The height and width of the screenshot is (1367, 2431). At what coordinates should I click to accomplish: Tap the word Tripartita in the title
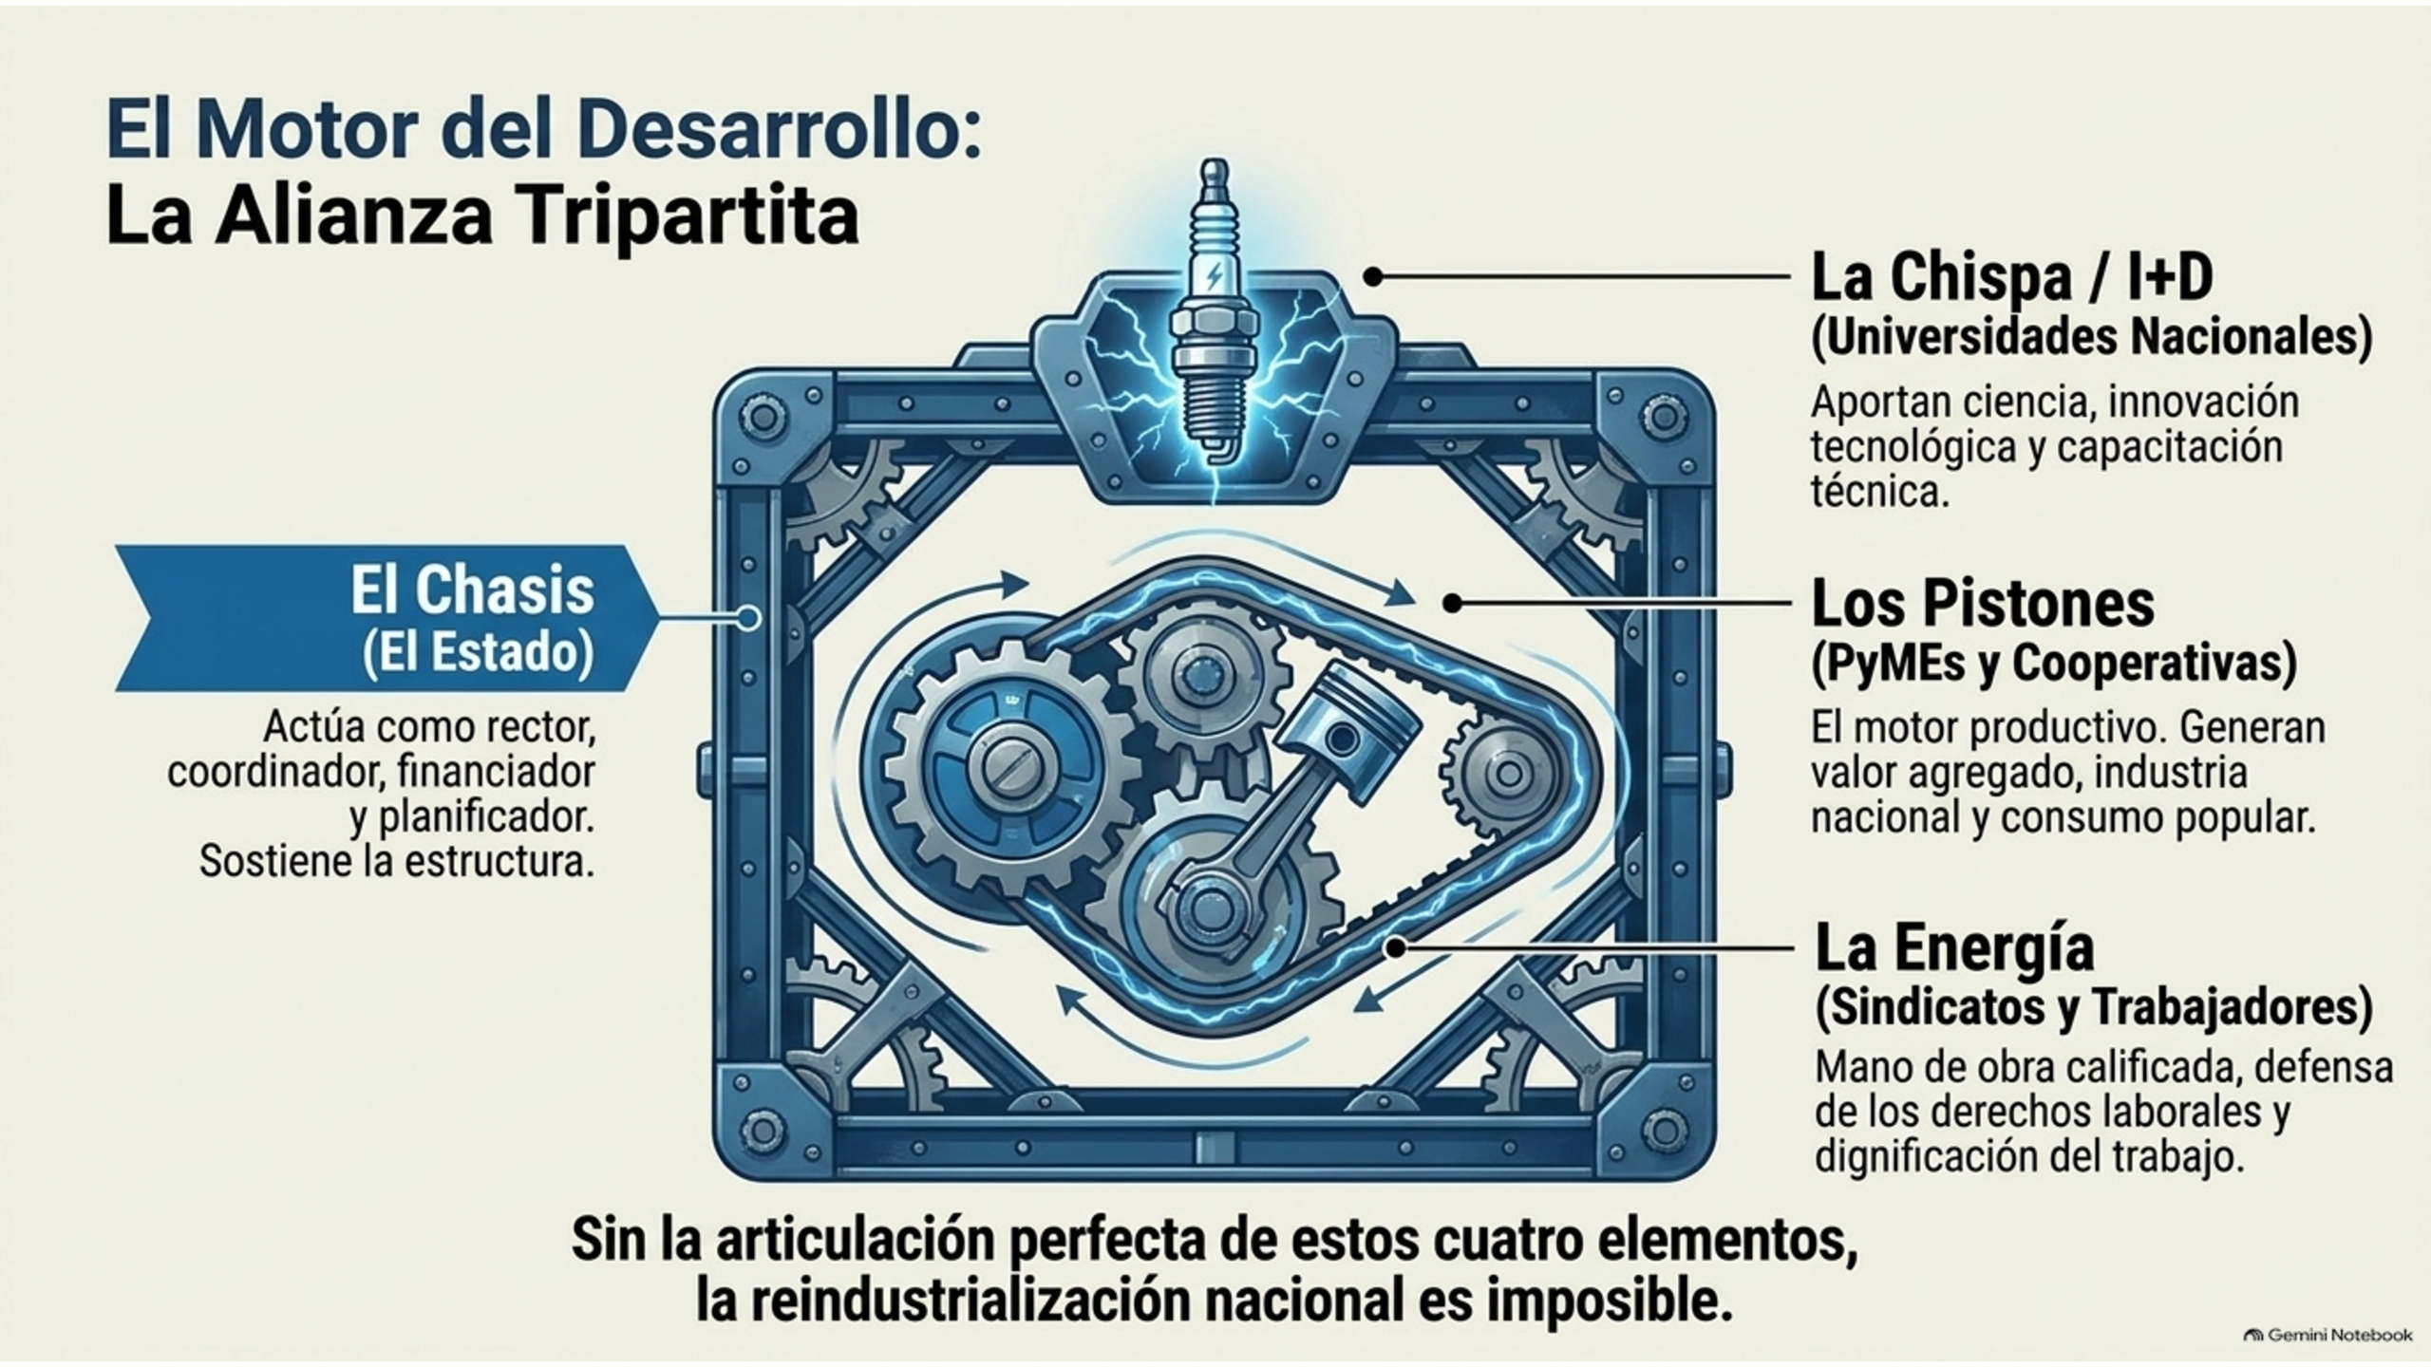tap(683, 217)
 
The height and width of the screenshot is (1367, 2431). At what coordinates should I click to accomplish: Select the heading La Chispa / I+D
tap(2012, 277)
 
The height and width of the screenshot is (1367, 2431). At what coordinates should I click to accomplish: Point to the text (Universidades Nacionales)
tap(2091, 339)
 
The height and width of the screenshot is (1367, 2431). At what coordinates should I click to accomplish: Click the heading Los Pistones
tap(1983, 603)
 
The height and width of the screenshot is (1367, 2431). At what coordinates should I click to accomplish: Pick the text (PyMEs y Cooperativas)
tap(2053, 664)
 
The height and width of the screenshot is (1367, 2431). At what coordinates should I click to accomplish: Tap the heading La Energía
tap(1953, 947)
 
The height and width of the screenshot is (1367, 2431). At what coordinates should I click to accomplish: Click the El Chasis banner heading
tap(472, 590)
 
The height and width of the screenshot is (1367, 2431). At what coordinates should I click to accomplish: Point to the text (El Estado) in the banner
tap(478, 653)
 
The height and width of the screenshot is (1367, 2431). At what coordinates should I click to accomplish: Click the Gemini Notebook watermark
tap(2327, 1335)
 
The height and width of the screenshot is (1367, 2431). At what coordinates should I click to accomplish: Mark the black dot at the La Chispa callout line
tap(1373, 276)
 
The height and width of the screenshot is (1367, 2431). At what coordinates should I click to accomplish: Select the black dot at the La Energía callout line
tap(1395, 946)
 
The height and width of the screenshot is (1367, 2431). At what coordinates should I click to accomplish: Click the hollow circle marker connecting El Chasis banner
tap(749, 618)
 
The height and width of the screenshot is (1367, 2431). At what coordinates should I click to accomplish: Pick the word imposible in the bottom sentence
tap(1611, 1302)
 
